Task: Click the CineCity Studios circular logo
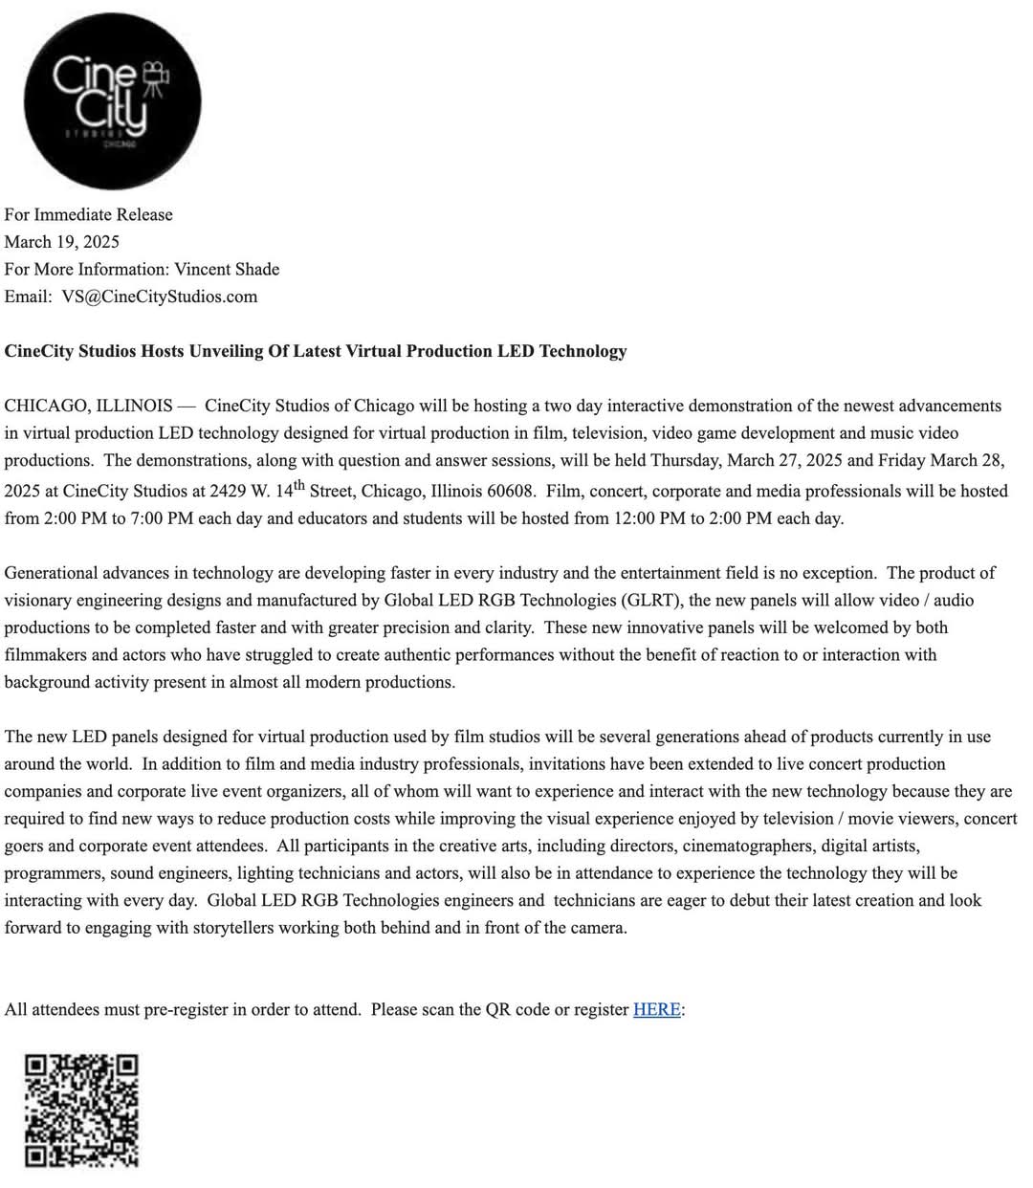point(113,100)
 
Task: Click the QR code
point(81,1111)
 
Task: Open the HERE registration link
point(656,1009)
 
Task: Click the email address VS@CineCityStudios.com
point(159,296)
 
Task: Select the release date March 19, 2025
point(61,241)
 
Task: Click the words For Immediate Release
point(88,214)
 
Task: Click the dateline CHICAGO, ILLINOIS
point(88,405)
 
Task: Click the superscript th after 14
point(299,485)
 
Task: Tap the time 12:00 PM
point(646,518)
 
